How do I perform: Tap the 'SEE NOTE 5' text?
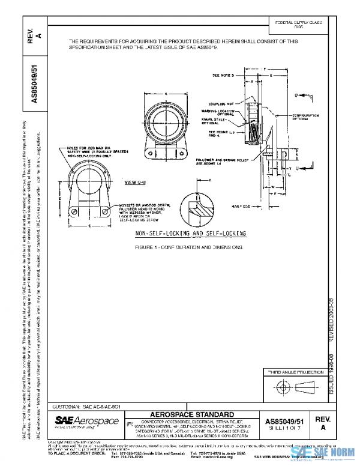click(226, 76)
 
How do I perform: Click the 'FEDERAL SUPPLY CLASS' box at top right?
click(296, 25)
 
